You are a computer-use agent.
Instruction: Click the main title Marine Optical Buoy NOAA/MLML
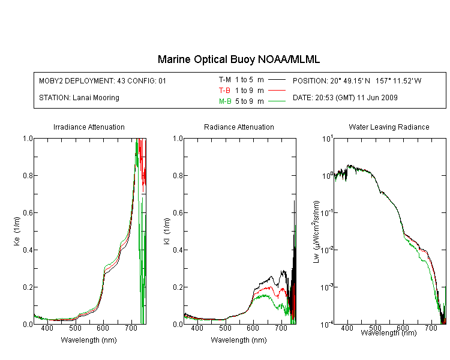(x=238, y=59)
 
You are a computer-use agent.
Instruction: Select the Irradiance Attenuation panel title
(x=89, y=127)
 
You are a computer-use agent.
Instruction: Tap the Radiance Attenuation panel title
(x=239, y=127)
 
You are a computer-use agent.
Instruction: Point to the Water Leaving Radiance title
(x=389, y=127)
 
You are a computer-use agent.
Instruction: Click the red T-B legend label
(x=224, y=91)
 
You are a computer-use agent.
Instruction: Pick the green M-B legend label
(x=225, y=101)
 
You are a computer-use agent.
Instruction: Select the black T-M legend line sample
(x=277, y=80)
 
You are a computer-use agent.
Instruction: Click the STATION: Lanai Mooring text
(x=79, y=98)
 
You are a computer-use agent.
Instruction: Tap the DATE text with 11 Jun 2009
(x=345, y=98)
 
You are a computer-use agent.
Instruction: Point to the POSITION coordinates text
(x=357, y=80)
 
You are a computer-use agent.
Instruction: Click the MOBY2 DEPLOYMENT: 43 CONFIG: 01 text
(x=103, y=80)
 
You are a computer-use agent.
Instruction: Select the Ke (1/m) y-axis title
(x=17, y=231)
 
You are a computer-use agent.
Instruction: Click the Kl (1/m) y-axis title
(x=167, y=231)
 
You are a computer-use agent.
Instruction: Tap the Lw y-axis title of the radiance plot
(x=316, y=232)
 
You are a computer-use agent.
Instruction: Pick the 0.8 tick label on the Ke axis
(x=28, y=175)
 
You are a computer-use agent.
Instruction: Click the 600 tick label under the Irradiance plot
(x=103, y=328)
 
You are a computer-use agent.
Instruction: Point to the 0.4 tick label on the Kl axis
(x=178, y=250)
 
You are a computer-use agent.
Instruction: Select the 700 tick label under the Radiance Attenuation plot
(x=281, y=328)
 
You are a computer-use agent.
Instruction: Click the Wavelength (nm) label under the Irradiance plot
(x=89, y=340)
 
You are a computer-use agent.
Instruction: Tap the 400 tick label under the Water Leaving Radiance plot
(x=347, y=328)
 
